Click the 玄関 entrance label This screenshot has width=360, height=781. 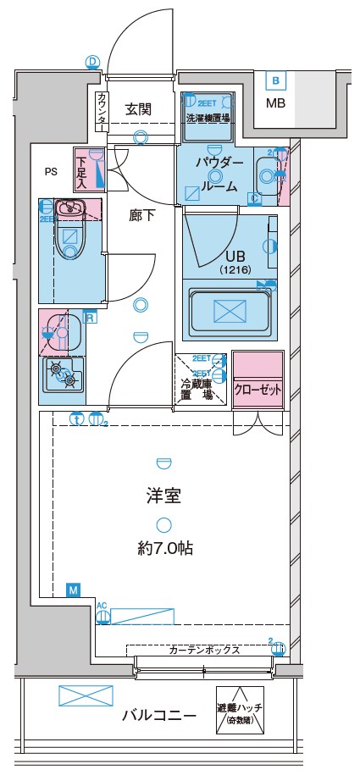tap(138, 108)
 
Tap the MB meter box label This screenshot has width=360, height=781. tap(276, 104)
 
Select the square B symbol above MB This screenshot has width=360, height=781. tap(275, 81)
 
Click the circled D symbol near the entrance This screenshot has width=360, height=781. tap(92, 61)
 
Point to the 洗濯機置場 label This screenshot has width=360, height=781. tap(208, 117)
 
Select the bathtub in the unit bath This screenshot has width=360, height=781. tap(230, 312)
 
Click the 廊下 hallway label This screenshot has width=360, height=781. tap(141, 215)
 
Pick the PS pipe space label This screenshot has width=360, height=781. tap(52, 171)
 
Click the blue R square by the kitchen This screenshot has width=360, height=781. tap(91, 318)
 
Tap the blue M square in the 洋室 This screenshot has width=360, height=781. tap(73, 589)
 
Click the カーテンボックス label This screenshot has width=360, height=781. tap(204, 651)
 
